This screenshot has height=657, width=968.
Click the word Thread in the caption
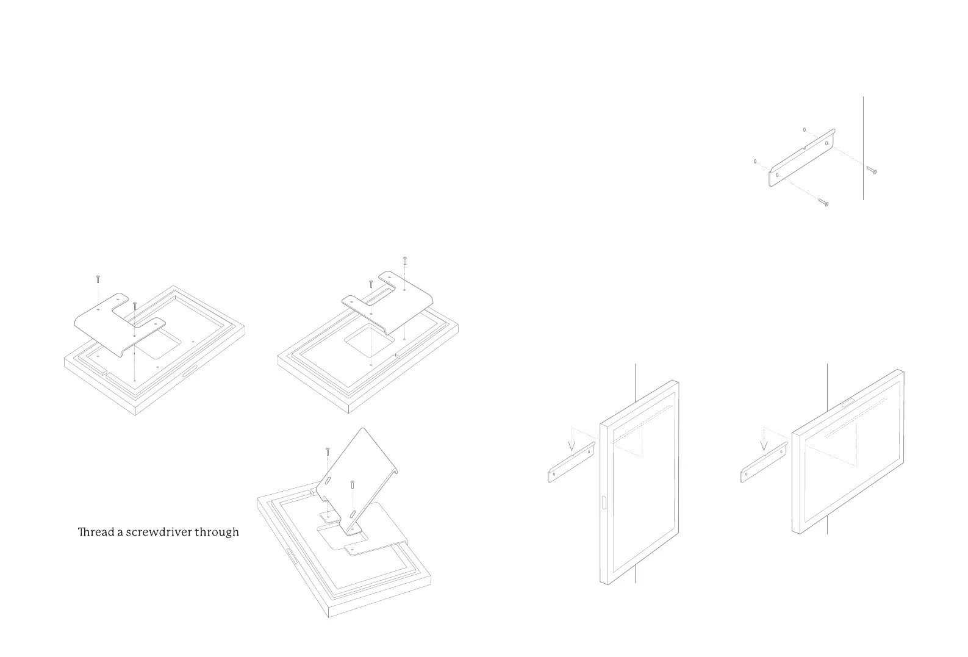(x=96, y=532)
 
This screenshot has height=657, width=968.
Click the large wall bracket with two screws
(x=801, y=158)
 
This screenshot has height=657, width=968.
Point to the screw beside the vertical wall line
(x=872, y=170)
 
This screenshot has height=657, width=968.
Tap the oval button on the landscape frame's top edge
(x=847, y=402)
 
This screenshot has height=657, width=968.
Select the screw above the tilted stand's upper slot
(x=327, y=452)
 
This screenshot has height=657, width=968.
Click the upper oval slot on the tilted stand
(x=328, y=481)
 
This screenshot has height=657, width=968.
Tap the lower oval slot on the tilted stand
(x=353, y=512)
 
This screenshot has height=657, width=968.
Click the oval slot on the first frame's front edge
(x=188, y=370)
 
